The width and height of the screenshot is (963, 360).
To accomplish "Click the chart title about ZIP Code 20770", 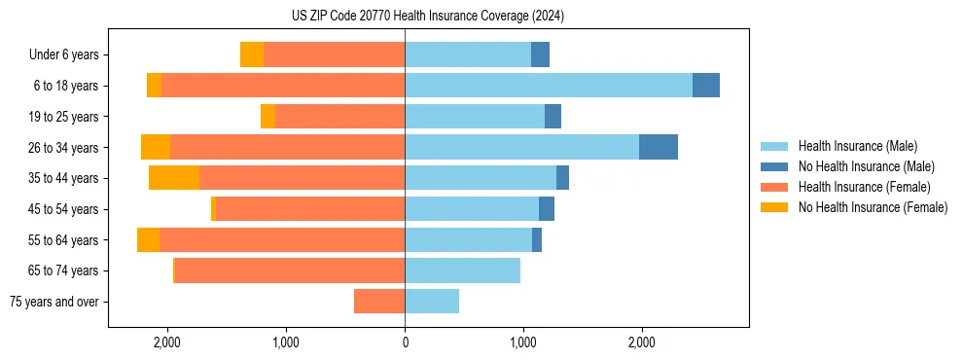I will click(x=428, y=17).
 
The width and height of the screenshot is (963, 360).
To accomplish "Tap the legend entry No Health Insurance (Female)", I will click(x=873, y=207).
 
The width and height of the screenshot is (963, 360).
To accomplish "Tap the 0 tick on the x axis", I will click(x=405, y=342).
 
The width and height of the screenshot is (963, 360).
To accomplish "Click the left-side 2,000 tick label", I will click(x=167, y=342).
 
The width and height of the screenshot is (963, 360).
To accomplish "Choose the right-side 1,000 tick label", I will click(x=523, y=342).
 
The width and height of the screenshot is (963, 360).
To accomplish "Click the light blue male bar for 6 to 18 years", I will click(x=549, y=86).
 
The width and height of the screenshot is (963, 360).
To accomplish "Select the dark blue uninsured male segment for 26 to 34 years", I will click(x=659, y=147).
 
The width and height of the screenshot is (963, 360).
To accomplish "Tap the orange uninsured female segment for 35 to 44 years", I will click(x=174, y=178).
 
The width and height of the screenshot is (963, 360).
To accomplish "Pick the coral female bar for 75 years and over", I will click(x=379, y=302).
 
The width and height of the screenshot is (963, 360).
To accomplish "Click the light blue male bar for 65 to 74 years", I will click(x=462, y=270).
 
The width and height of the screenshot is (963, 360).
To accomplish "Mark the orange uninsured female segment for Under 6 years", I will click(x=252, y=55).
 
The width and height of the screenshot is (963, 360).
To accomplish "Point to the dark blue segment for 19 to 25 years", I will click(x=553, y=117).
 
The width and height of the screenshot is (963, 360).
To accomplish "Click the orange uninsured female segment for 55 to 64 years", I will click(x=148, y=240).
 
